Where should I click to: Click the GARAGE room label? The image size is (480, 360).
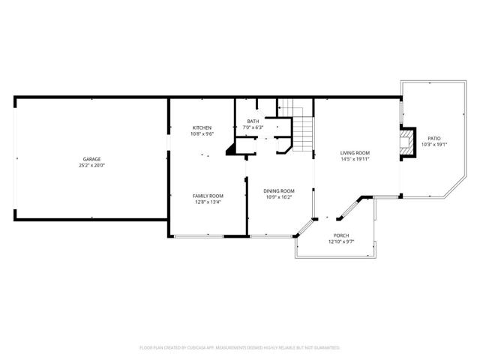(92, 158)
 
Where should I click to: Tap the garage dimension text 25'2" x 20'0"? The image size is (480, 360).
(92, 165)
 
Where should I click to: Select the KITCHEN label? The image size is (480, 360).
(202, 127)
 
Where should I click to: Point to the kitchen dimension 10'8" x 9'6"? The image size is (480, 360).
(202, 134)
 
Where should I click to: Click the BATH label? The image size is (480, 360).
(253, 121)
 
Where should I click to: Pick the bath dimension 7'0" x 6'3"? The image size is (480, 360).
(253, 127)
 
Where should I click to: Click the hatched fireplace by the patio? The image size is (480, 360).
(406, 142)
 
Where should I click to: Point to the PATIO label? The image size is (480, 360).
(434, 138)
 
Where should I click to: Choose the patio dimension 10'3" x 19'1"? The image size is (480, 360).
(434, 145)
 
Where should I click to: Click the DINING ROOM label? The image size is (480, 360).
(278, 190)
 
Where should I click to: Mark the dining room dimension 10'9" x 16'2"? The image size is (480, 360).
(278, 197)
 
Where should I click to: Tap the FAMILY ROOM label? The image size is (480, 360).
(208, 195)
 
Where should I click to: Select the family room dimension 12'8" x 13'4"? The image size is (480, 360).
(208, 202)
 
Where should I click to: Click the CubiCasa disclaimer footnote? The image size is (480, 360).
(240, 348)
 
